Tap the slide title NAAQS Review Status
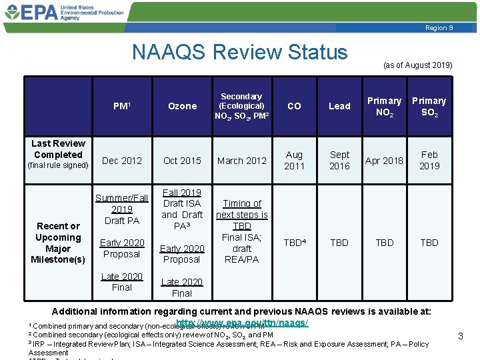[239, 52]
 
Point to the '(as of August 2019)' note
[417, 65]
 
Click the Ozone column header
[182, 106]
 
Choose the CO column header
[294, 106]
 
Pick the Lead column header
[339, 106]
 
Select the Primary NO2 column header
[385, 106]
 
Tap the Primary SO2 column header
[429, 106]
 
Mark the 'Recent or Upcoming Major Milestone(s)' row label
[58, 243]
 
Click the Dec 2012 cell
[122, 161]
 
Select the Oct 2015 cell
[182, 161]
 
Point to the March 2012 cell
[241, 161]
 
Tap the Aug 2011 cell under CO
[294, 160]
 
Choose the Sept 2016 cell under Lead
[339, 160]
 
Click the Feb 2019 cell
[429, 160]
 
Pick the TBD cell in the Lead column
[339, 243]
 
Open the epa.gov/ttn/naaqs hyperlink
[242, 323]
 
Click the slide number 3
[460, 337]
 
